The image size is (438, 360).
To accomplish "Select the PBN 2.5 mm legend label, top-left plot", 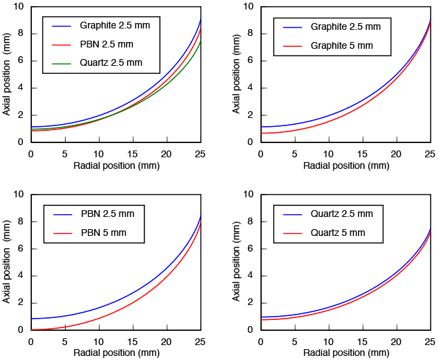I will (107, 44).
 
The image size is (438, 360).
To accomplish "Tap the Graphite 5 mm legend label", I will (342, 45).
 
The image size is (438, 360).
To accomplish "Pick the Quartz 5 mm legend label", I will (338, 233).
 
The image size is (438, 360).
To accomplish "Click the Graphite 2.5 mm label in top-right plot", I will (346, 27).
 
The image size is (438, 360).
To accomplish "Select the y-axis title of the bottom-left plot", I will (7, 262).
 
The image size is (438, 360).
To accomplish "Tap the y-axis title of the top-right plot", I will (237, 75).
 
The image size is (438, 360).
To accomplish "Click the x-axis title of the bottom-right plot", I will (346, 353).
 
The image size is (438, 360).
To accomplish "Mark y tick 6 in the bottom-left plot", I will (21, 248).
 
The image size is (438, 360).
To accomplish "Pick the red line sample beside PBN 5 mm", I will (61, 233).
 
